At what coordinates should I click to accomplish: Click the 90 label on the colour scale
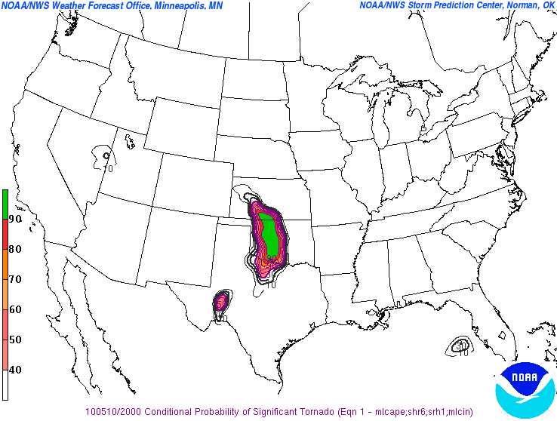click(15, 219)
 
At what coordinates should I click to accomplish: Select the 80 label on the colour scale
click(15, 249)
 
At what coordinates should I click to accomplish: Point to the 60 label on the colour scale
click(15, 309)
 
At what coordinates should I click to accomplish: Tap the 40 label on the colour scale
click(15, 370)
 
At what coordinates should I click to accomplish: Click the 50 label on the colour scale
click(15, 340)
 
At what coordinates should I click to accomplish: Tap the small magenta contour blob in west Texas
click(221, 302)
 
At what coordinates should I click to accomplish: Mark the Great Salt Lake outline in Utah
click(131, 140)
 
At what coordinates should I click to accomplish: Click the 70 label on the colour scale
click(15, 279)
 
